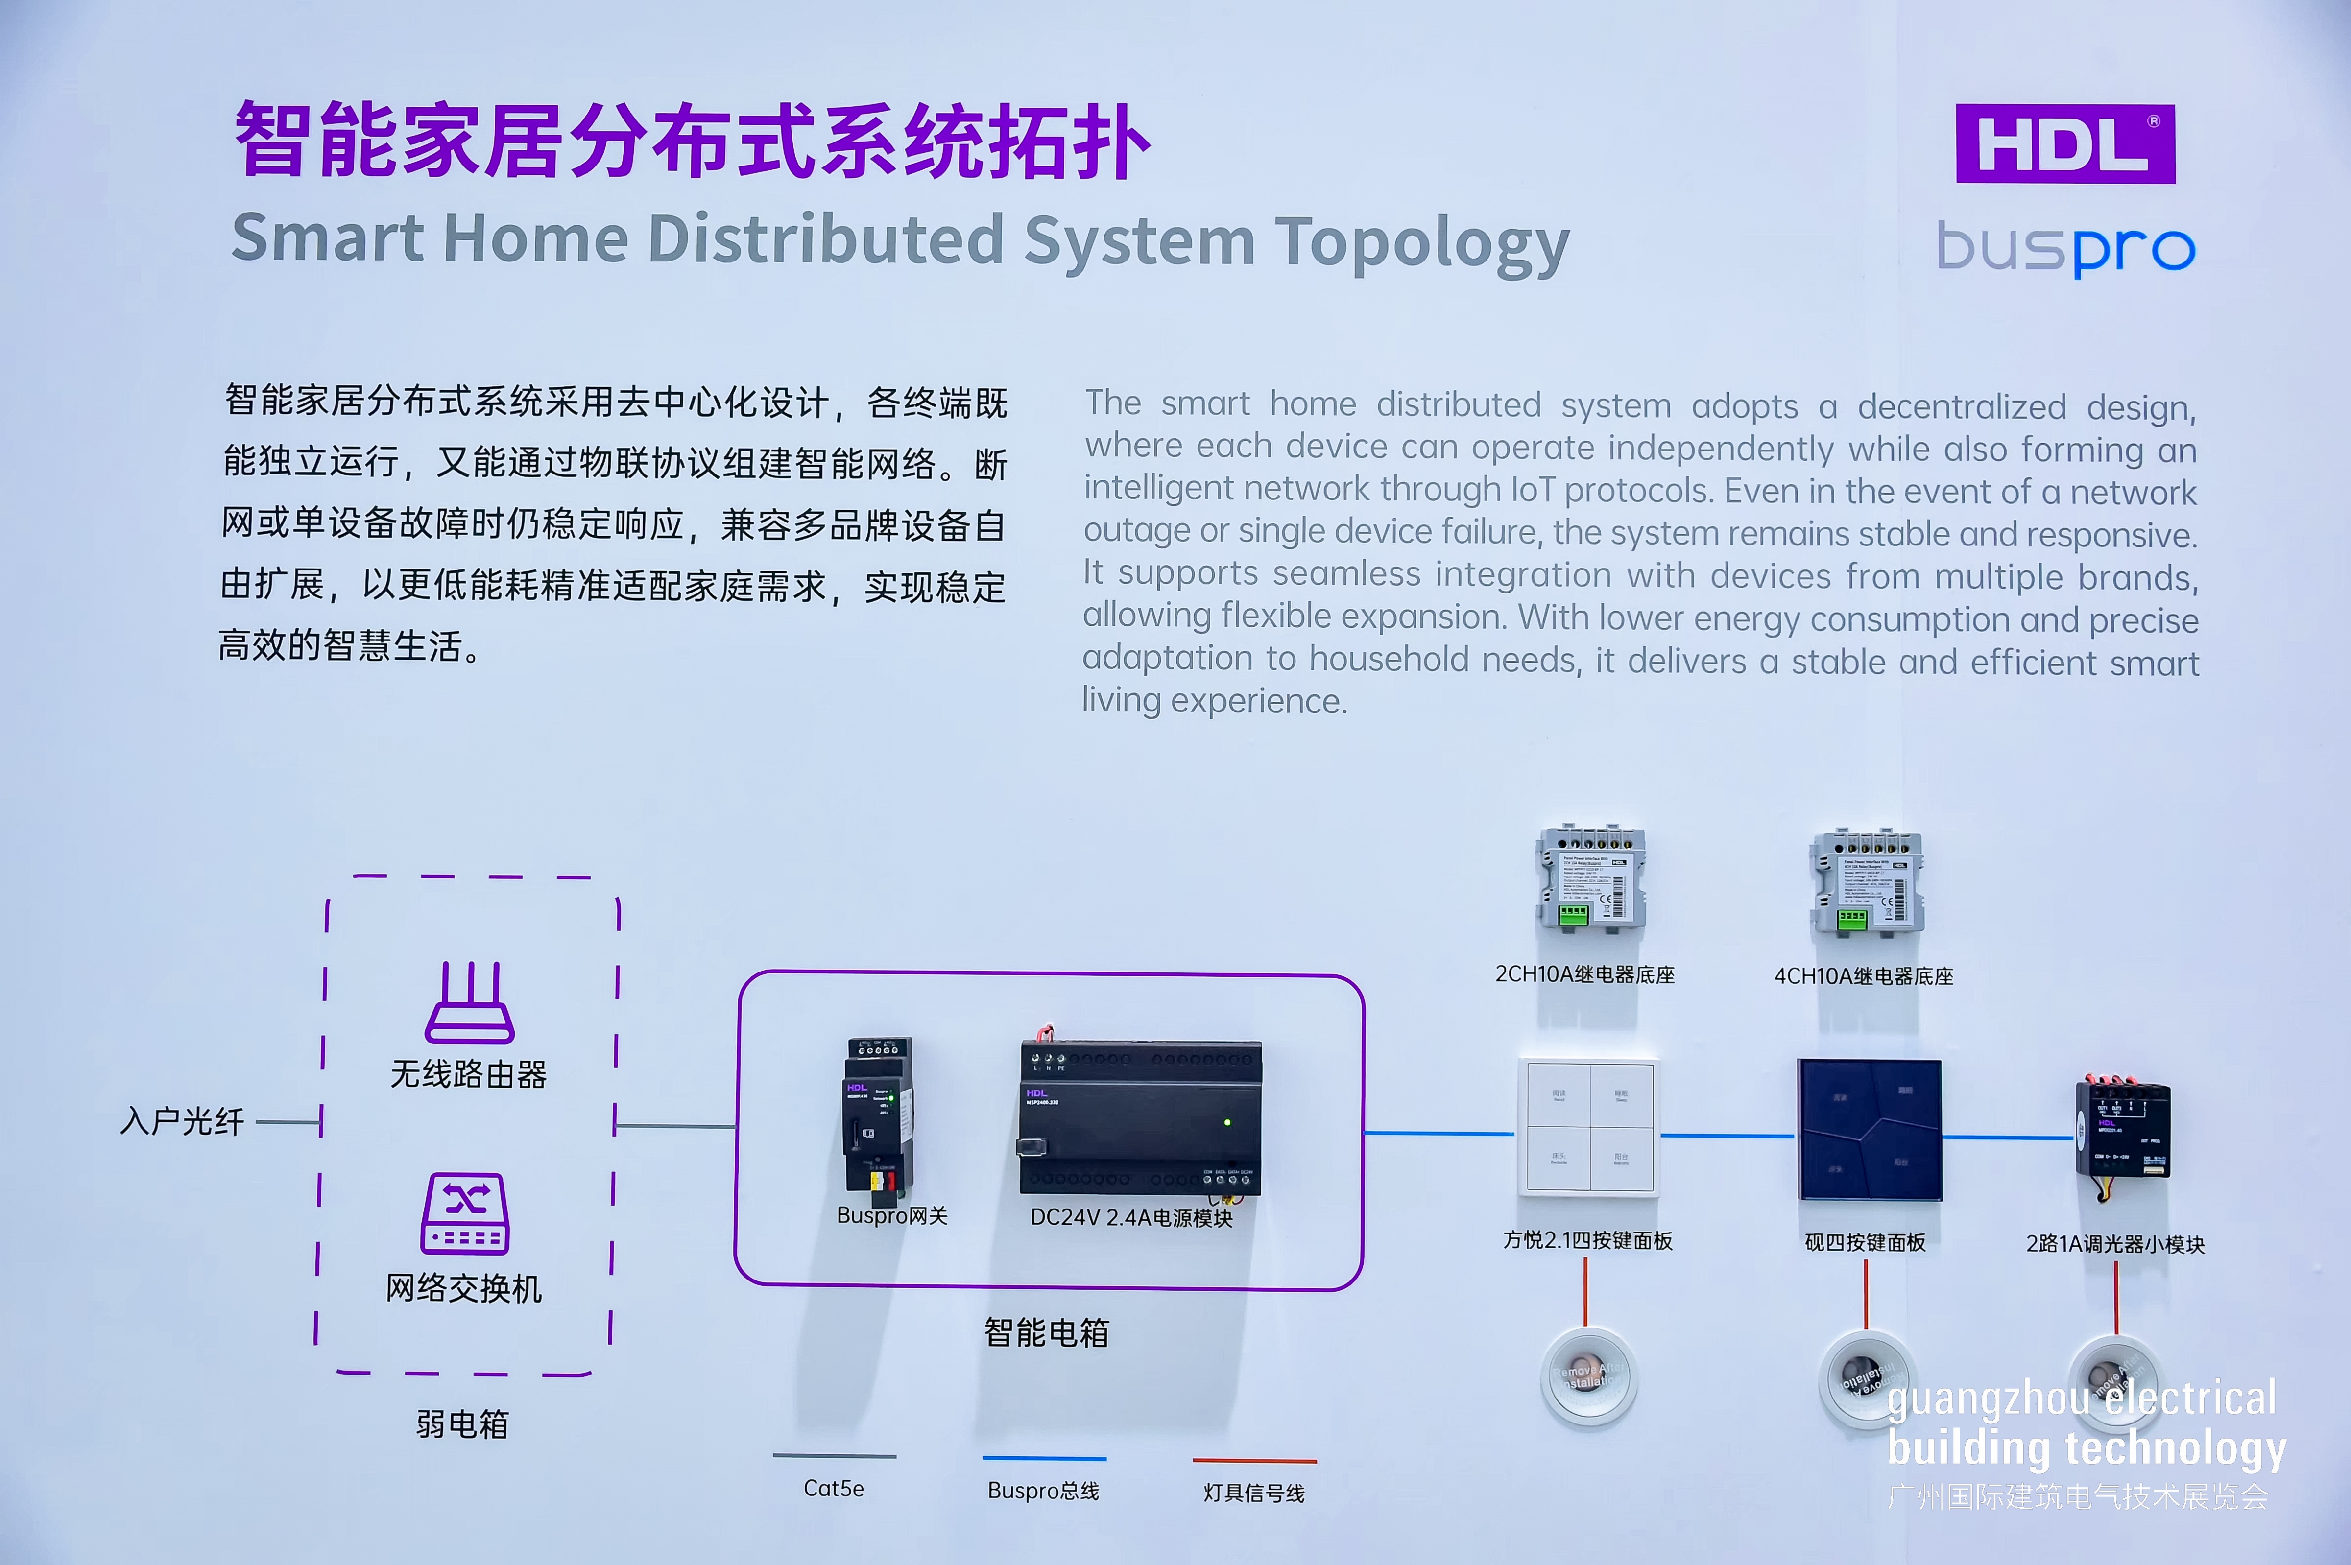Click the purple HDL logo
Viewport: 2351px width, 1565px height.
point(2064,144)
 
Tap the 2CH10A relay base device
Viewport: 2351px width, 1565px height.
point(1590,878)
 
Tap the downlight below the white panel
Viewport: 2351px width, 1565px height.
point(1588,1378)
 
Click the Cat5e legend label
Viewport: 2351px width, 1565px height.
point(834,1488)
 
